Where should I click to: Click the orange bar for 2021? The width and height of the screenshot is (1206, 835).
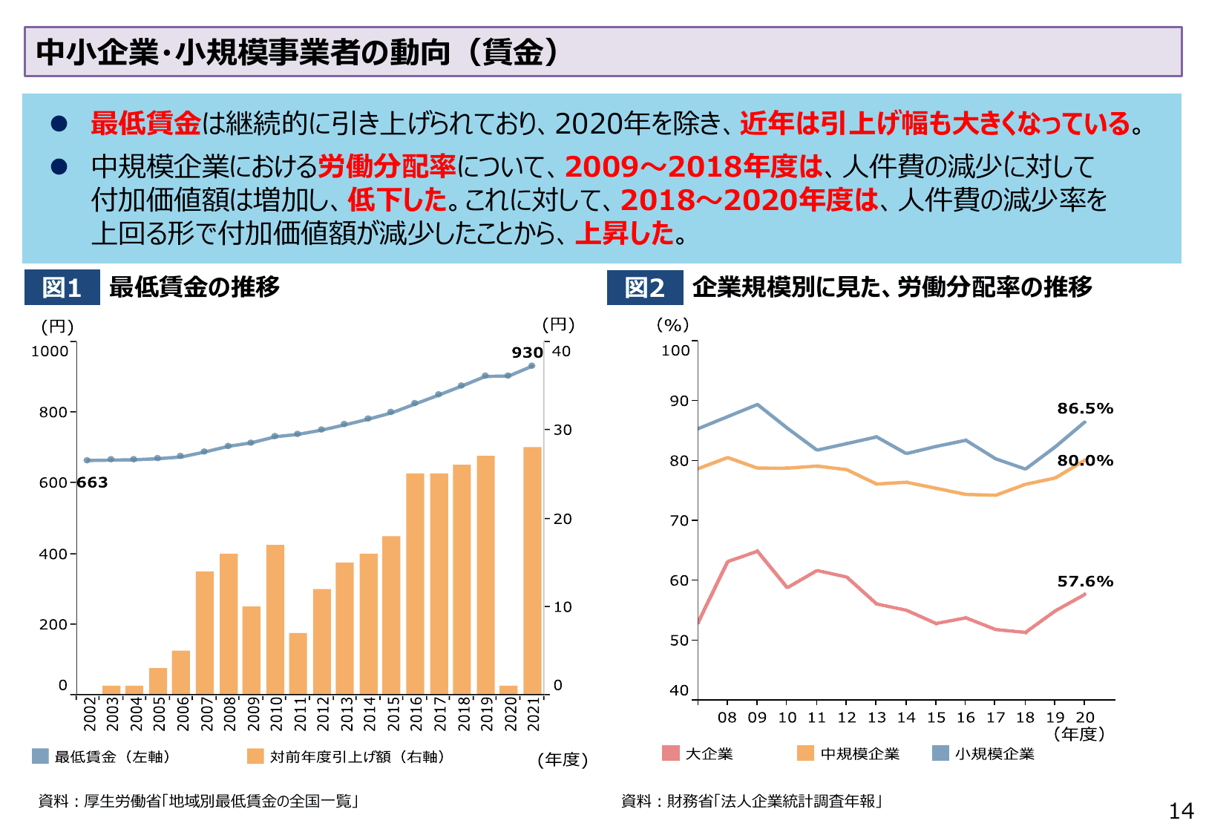[532, 570]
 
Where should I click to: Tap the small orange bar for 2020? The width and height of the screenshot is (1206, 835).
[508, 690]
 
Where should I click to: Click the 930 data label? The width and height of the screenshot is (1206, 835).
[527, 353]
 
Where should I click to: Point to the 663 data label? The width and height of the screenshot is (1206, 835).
[93, 482]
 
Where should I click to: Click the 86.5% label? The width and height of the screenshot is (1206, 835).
[1085, 409]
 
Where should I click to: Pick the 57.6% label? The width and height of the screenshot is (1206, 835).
[1085, 582]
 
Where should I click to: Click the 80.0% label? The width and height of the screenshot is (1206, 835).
[1085, 461]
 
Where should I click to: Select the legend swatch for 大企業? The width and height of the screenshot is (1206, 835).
[670, 753]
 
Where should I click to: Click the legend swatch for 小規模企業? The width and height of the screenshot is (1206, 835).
[940, 753]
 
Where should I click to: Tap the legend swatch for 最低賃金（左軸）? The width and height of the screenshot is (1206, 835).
[40, 756]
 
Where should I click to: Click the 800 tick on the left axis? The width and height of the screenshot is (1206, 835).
[53, 413]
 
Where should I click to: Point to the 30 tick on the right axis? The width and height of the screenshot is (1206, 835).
[563, 430]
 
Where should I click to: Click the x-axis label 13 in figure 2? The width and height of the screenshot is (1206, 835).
[876, 718]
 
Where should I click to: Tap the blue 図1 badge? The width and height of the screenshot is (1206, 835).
[62, 287]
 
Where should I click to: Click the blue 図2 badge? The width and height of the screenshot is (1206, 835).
[644, 287]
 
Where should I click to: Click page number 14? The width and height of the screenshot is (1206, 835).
[1181, 811]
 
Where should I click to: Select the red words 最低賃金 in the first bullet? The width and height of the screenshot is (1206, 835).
[145, 123]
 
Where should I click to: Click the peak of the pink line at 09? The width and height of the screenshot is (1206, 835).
[757, 551]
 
